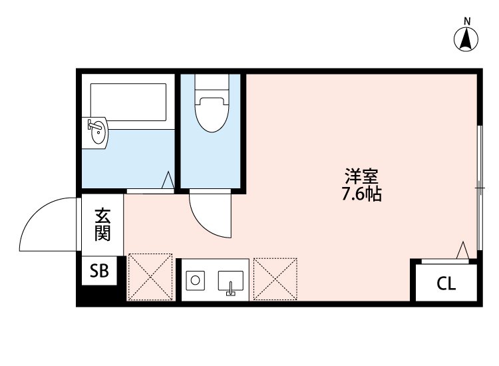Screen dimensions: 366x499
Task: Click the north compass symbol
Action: (467, 41)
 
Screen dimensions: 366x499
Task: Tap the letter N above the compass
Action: (467, 21)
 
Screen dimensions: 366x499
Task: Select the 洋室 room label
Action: (362, 178)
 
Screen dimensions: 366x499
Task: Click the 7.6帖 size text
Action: (362, 196)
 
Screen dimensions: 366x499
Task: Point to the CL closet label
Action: (446, 285)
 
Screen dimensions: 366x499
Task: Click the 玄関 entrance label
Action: (102, 224)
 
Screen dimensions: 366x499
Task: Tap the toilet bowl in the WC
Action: (212, 113)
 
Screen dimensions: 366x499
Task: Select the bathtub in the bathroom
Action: (128, 102)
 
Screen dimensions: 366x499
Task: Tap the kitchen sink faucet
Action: (230, 288)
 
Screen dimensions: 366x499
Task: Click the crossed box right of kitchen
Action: (275, 277)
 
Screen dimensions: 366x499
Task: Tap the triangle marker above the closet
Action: (463, 251)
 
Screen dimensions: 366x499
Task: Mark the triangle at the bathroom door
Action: (168, 180)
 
